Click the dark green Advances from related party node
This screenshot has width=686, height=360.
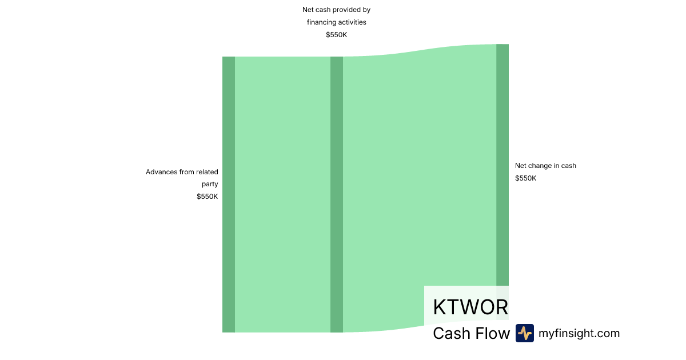coord(229,194)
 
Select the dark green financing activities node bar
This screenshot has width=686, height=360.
coord(337,194)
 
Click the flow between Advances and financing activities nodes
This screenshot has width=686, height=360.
coord(282,194)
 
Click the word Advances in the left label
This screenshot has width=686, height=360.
coord(162,171)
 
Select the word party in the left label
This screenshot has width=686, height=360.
coord(210,184)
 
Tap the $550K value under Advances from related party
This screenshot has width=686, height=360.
coord(208,197)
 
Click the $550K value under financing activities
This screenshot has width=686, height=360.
coord(337,35)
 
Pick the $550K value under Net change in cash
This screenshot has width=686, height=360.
coord(526,178)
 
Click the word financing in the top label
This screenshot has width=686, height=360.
coord(322,22)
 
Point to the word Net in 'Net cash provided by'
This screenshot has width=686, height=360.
coord(308,10)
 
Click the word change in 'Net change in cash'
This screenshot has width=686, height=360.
coord(541,166)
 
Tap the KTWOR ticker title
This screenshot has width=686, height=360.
coord(470,307)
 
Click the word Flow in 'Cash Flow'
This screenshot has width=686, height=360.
coord(493,333)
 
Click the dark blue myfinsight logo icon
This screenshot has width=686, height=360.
coord(525,333)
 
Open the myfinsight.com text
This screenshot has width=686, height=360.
coord(579,333)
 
